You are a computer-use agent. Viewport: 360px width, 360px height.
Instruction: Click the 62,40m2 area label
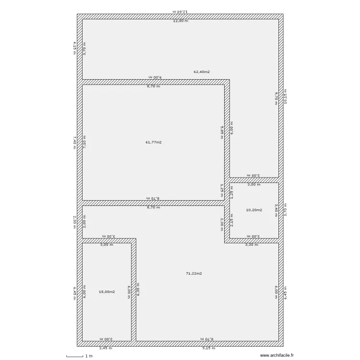[202, 72]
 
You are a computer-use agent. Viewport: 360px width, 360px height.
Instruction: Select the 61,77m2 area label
[154, 142]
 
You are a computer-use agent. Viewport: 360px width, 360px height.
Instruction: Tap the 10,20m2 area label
[253, 210]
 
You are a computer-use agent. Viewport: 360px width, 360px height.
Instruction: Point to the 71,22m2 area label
[194, 274]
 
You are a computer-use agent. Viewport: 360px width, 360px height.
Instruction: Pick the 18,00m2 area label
[107, 291]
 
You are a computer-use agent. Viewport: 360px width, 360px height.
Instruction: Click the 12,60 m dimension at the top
[180, 11]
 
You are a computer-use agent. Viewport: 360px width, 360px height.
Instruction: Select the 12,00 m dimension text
[180, 21]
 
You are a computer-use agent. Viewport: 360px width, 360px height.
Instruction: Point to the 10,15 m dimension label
[286, 96]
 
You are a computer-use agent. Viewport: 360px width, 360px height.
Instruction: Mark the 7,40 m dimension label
[74, 143]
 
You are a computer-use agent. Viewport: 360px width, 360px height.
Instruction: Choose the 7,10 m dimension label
[85, 143]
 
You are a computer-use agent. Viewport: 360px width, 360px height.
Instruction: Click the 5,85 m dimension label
[222, 132]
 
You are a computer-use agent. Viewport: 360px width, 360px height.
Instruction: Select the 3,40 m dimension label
[276, 210]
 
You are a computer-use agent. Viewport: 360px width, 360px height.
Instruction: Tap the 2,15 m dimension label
[232, 219]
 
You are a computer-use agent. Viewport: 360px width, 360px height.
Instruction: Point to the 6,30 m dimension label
[139, 288]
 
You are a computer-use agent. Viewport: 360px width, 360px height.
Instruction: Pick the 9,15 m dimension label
[207, 348]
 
